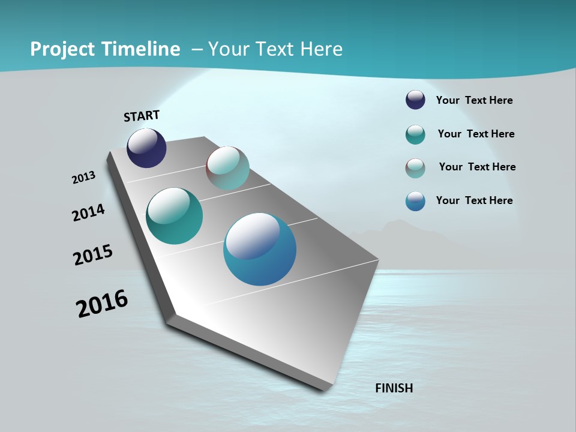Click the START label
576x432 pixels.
pyautogui.click(x=142, y=116)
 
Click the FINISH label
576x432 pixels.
pyautogui.click(x=394, y=388)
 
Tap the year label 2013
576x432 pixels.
pyautogui.click(x=83, y=178)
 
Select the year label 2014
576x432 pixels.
pyautogui.click(x=88, y=212)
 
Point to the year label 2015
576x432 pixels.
pyautogui.click(x=93, y=254)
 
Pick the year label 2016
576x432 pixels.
pyautogui.click(x=102, y=304)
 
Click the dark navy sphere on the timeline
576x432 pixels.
pyautogui.click(x=146, y=148)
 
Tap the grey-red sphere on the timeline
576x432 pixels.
pyautogui.click(x=227, y=168)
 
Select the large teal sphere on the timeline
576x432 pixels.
pyautogui.click(x=174, y=216)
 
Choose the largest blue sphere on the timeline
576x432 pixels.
pyautogui.click(x=260, y=249)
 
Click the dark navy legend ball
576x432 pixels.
pyautogui.click(x=415, y=100)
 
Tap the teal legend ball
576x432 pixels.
pyautogui.click(x=415, y=134)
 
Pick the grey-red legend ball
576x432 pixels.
pyautogui.click(x=415, y=168)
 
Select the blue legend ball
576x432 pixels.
pyautogui.click(x=415, y=201)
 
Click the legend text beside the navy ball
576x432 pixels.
pyautogui.click(x=474, y=100)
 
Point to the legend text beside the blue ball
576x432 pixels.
pyautogui.click(x=474, y=200)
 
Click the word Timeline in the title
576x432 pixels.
pyautogui.click(x=141, y=49)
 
